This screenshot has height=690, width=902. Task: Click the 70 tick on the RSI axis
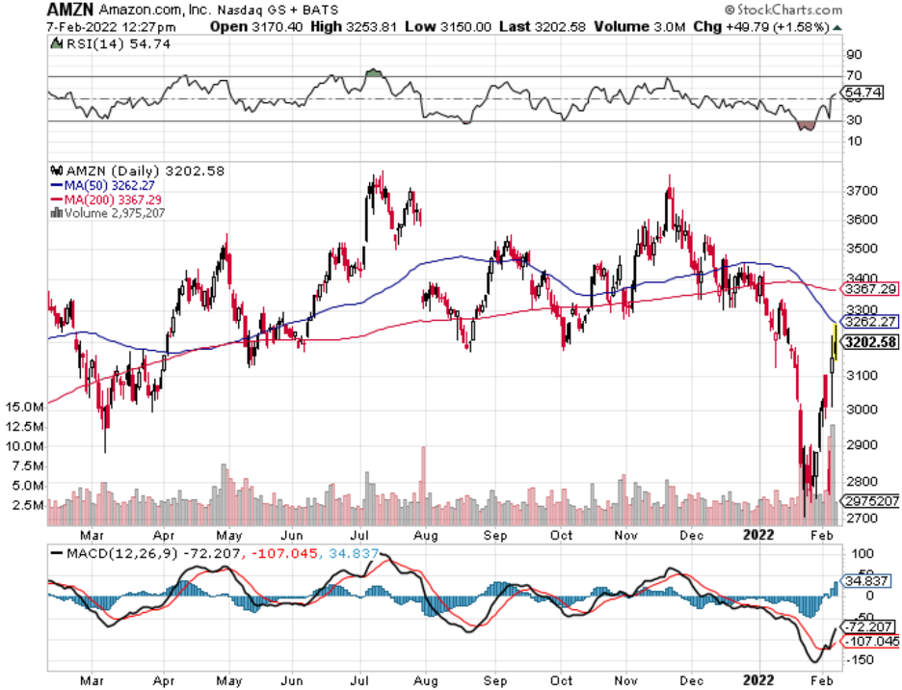click(854, 76)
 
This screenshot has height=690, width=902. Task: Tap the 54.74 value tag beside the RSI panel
click(862, 93)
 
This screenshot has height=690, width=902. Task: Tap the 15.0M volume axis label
click(23, 407)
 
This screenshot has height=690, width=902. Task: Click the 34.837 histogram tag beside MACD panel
click(866, 581)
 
